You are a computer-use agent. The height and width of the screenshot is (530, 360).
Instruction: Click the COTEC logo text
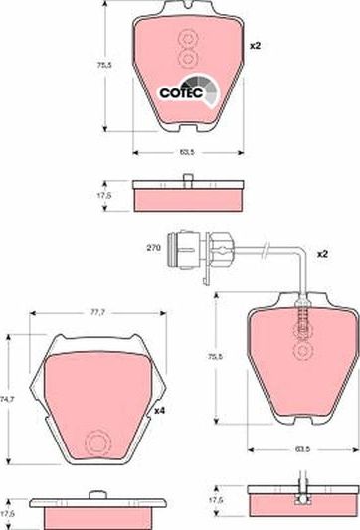181,92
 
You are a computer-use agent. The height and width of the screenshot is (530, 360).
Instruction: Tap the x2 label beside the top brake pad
256,46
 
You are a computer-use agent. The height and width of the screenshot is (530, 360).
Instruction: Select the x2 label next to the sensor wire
322,254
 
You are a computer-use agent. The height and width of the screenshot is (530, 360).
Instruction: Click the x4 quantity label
159,411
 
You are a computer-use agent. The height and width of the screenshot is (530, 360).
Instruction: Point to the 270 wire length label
153,248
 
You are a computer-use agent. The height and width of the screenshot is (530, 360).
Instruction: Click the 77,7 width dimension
98,313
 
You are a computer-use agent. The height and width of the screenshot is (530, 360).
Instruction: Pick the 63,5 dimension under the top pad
187,152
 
